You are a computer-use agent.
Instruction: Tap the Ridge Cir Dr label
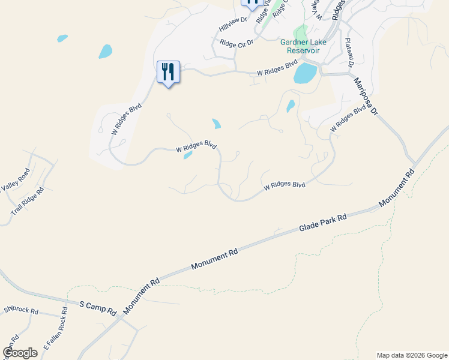(237, 43)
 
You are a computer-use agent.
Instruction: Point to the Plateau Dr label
(349, 54)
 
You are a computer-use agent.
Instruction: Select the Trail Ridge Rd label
(27, 202)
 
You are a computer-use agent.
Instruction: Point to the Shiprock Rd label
(21, 311)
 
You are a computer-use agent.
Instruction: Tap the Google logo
(20, 353)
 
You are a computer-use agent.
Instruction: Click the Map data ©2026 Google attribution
(411, 355)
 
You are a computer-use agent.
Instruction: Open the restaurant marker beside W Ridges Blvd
(168, 73)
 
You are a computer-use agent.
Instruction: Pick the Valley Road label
(15, 179)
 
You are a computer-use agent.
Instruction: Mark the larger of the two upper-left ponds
(105, 52)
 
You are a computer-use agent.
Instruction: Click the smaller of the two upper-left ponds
(62, 38)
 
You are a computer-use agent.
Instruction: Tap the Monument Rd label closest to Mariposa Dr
(397, 189)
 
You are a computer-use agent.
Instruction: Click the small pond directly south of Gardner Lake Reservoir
(291, 106)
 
